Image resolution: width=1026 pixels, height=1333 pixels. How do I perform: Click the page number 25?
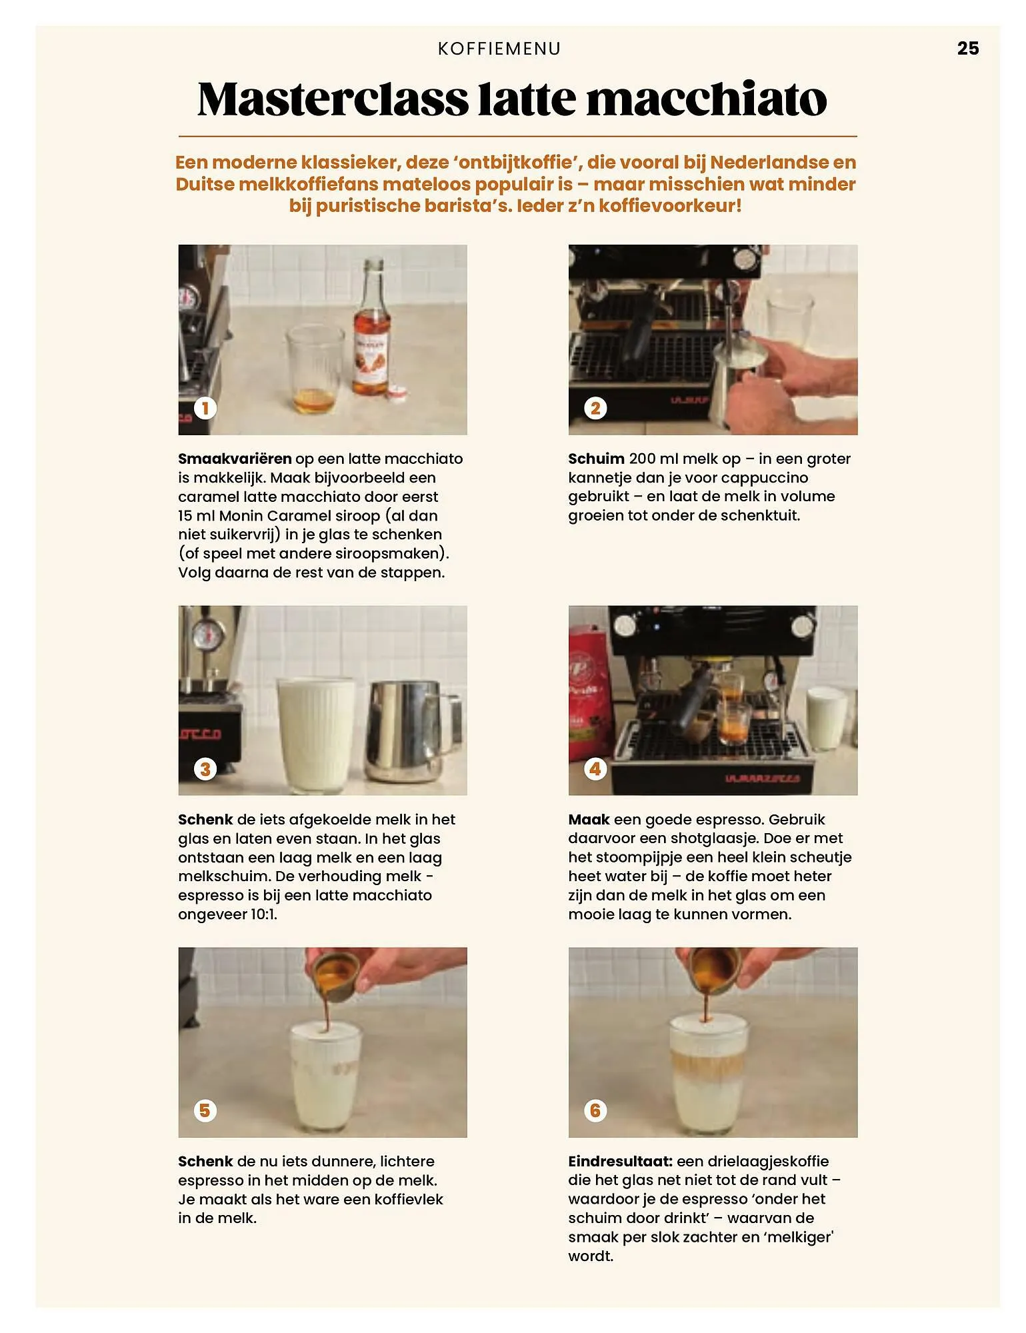click(967, 48)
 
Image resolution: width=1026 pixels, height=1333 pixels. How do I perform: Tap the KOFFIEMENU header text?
click(499, 49)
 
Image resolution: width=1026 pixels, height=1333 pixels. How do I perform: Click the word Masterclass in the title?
click(333, 99)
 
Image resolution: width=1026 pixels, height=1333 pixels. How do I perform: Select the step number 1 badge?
click(205, 408)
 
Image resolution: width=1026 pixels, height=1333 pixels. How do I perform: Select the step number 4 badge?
click(595, 768)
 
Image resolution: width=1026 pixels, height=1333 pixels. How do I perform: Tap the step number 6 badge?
click(595, 1110)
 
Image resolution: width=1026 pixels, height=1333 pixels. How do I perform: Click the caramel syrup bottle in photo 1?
click(371, 333)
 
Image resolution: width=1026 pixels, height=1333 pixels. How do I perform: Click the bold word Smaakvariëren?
click(235, 459)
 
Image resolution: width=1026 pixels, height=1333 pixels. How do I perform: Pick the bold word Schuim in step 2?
click(596, 459)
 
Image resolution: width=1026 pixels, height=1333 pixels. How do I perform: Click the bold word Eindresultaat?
click(620, 1161)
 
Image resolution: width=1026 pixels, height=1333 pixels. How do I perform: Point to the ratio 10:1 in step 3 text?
click(263, 914)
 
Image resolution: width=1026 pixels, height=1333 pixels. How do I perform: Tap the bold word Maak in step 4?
click(589, 819)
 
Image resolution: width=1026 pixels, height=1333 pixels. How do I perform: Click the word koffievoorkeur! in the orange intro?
click(669, 205)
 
